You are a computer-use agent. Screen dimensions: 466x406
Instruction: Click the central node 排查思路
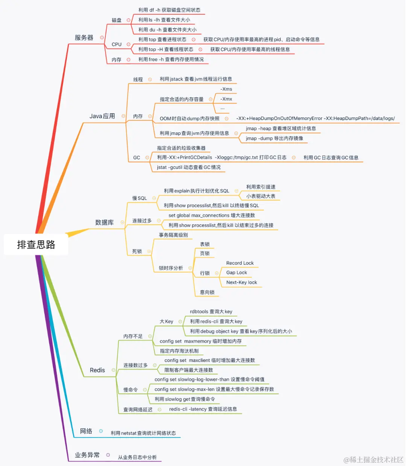pyautogui.click(x=36, y=244)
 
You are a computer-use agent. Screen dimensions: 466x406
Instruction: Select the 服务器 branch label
pyautogui.click(x=84, y=38)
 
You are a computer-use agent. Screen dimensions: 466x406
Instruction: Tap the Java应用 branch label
pyautogui.click(x=102, y=116)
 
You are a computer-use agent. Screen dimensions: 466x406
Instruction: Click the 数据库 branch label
pyautogui.click(x=105, y=222)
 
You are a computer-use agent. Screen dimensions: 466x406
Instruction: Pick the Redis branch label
pyautogui.click(x=97, y=370)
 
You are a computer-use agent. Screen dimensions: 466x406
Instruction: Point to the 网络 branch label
pyautogui.click(x=86, y=431)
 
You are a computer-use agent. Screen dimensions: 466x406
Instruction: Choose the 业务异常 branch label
pyautogui.click(x=87, y=455)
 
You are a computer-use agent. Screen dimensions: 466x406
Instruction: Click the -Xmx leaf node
pyautogui.click(x=226, y=99)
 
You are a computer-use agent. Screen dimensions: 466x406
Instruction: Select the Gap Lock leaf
pyautogui.click(x=237, y=273)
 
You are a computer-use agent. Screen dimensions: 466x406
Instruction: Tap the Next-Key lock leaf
pyautogui.click(x=242, y=282)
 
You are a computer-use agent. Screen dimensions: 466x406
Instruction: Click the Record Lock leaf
pyautogui.click(x=240, y=263)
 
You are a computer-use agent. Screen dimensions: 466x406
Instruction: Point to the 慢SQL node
pyautogui.click(x=139, y=198)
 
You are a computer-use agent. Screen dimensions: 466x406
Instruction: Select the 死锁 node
pyautogui.click(x=137, y=251)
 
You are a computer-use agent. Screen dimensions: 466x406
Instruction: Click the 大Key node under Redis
pyautogui.click(x=166, y=322)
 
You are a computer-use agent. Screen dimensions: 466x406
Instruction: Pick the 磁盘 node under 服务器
pyautogui.click(x=117, y=20)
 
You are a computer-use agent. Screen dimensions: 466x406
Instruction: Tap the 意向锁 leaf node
pyautogui.click(x=207, y=292)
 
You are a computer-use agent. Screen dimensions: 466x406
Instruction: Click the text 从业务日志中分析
pyautogui.click(x=137, y=457)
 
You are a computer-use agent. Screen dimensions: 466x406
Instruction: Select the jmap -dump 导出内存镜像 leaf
pyautogui.click(x=274, y=138)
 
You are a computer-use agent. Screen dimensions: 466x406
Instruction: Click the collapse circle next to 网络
pyautogui.click(x=101, y=431)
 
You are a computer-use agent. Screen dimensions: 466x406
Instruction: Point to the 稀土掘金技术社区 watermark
pyautogui.click(x=373, y=460)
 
